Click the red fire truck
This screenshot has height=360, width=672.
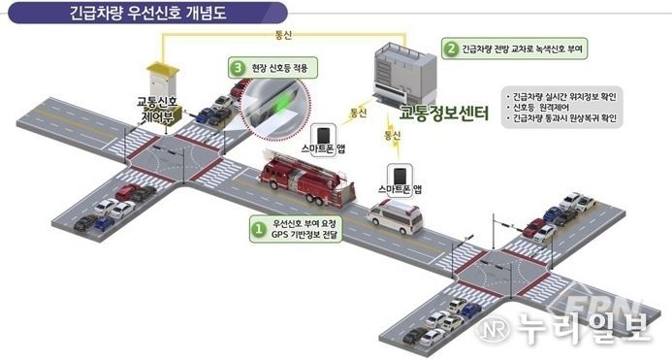click(x=303, y=180)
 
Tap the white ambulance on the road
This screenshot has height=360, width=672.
click(x=396, y=220)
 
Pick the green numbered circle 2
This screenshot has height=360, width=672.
click(x=450, y=47)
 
